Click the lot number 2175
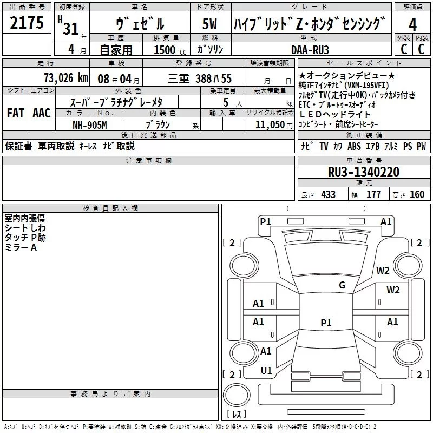coord(27,23)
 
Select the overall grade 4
coord(412,25)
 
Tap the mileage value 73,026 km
coord(66,78)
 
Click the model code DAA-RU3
coord(310,50)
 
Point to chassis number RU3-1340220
coord(364,172)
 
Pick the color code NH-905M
coord(90,125)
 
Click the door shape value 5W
coord(209,24)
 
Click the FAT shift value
coord(16,113)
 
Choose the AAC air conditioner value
coord(42,113)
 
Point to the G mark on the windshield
coord(342,285)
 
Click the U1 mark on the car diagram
coord(266,371)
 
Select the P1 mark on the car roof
coord(326,323)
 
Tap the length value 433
coord(329,195)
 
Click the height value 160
coord(417,195)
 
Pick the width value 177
coord(373,195)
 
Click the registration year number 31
coord(71,29)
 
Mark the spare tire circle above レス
coord(237,395)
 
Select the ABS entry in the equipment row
coord(354,146)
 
